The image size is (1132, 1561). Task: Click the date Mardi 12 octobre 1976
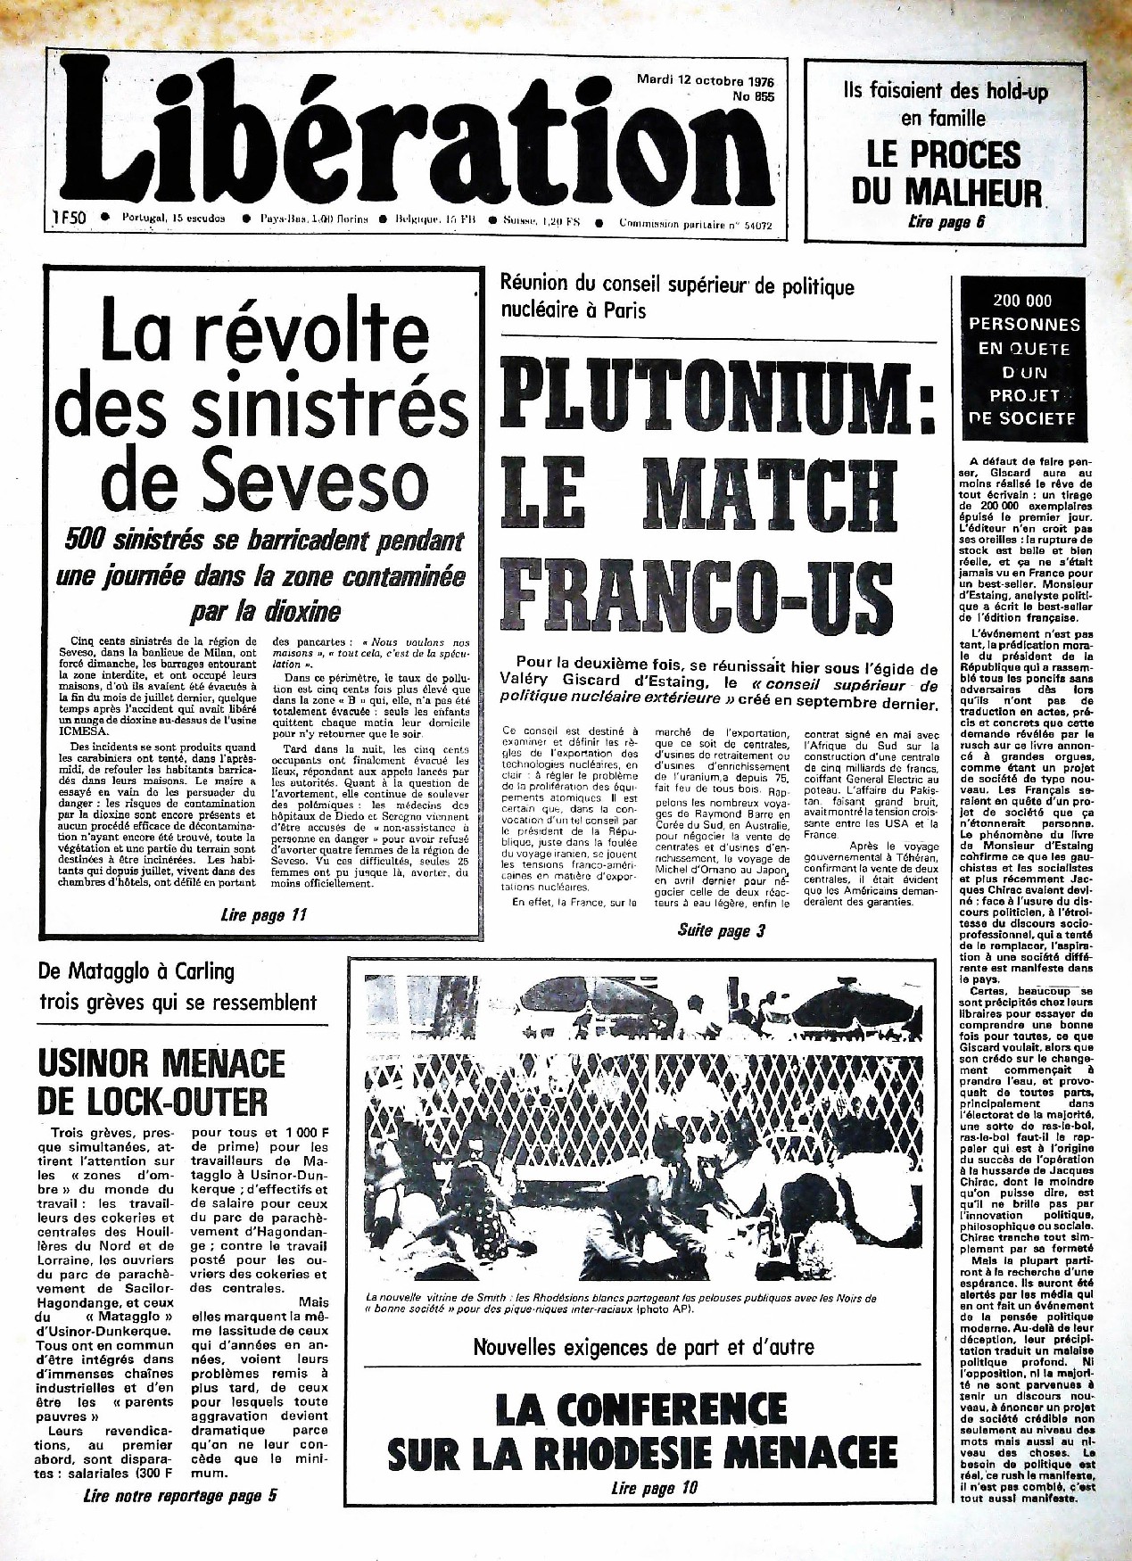704,78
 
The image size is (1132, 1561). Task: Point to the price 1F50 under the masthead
68,217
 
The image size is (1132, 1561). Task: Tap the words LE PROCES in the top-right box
944,154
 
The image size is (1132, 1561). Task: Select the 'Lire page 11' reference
263,914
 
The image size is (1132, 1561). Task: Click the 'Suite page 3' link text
721,930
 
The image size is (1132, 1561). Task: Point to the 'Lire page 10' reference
654,1487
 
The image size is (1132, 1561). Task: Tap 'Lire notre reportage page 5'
178,1496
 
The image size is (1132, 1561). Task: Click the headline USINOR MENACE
161,1063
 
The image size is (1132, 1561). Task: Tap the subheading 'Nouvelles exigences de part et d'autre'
643,1346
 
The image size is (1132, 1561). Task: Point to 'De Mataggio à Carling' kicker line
136,970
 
